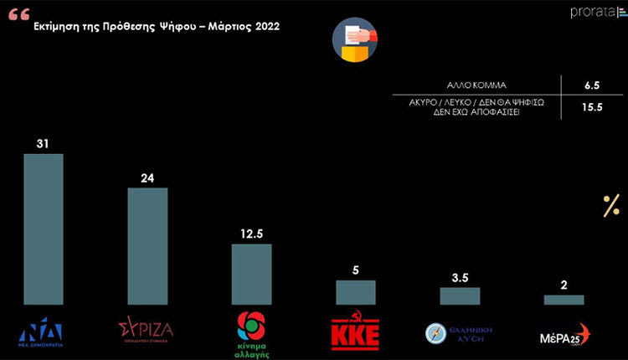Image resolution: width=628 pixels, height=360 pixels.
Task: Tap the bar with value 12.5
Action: point(251,274)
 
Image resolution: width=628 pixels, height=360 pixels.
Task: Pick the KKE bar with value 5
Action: point(356,291)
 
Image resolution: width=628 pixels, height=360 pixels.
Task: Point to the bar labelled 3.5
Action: point(460,296)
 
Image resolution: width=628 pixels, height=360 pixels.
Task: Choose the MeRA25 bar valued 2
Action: point(564,299)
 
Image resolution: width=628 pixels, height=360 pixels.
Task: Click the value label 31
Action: point(44,144)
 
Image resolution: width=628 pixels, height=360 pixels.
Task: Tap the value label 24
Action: point(147,177)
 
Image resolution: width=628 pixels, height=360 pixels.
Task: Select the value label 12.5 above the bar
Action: point(251,234)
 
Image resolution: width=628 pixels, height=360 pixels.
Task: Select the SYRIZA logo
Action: point(147,328)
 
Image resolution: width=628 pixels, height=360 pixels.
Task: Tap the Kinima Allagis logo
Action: point(250,332)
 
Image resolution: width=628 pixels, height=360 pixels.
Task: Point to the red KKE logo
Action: point(355,332)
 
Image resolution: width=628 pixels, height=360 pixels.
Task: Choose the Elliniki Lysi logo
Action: point(459,332)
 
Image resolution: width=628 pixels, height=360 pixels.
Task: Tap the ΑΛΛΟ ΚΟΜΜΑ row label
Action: point(478,85)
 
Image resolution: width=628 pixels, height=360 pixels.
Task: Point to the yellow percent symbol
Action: point(611,206)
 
